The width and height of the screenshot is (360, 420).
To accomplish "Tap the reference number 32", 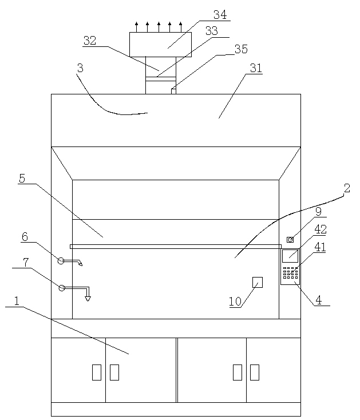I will pyautogui.click(x=90, y=40).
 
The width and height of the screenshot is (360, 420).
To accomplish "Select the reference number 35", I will pyautogui.click(x=241, y=49).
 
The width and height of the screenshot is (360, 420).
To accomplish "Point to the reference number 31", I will pyautogui.click(x=255, y=68).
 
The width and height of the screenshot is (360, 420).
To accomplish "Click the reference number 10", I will pyautogui.click(x=235, y=302).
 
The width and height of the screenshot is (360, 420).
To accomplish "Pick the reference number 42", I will pyautogui.click(x=321, y=229).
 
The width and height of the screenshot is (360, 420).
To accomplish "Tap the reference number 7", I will pyautogui.click(x=25, y=262).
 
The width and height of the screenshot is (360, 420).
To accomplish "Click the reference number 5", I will pyautogui.click(x=22, y=178).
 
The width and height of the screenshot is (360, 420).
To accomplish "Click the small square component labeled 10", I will pyautogui.click(x=258, y=282).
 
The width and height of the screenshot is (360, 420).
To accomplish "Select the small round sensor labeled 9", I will pyautogui.click(x=290, y=239).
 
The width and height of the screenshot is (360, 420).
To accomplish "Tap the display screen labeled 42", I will pyautogui.click(x=290, y=256).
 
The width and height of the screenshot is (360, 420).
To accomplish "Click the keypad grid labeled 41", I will pyautogui.click(x=290, y=272).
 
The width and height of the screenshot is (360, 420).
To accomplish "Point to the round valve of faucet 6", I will pyautogui.click(x=61, y=261).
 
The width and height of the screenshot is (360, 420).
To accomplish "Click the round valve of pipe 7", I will pyautogui.click(x=61, y=288).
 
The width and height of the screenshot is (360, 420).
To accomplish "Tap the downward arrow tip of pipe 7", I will pyautogui.click(x=88, y=299).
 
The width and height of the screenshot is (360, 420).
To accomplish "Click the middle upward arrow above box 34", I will pyautogui.click(x=159, y=26).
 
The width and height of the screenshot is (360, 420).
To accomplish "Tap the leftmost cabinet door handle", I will pyautogui.click(x=96, y=373).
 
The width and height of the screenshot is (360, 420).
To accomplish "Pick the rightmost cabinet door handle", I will pyautogui.click(x=255, y=373).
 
